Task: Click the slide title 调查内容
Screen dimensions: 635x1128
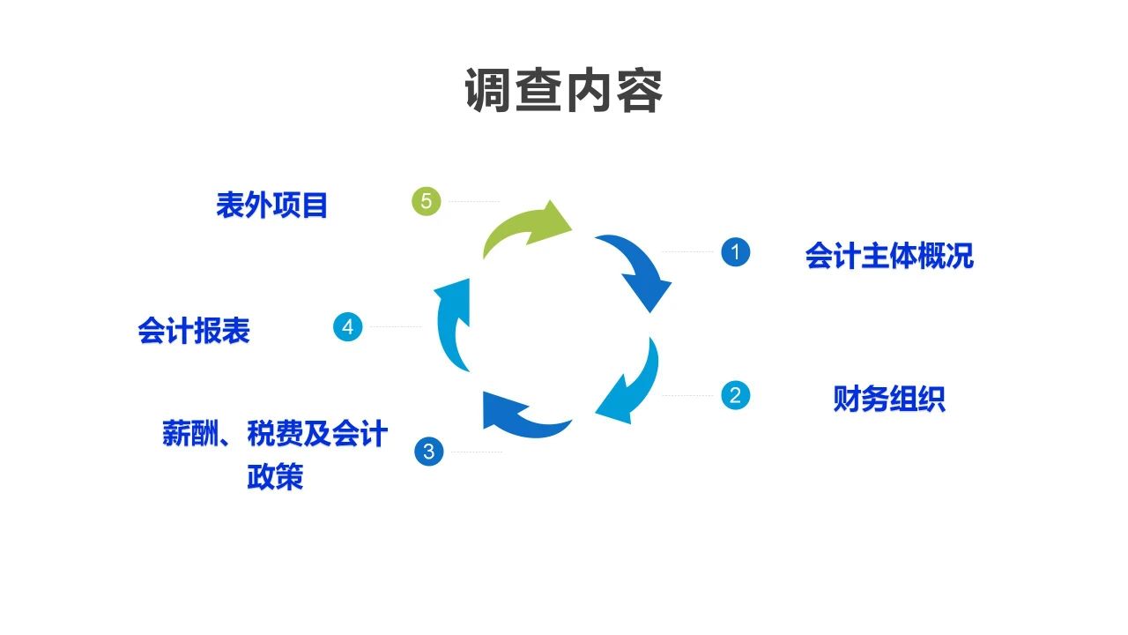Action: tap(563, 91)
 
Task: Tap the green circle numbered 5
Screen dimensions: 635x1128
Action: tap(427, 202)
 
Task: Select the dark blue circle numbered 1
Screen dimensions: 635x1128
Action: tap(735, 252)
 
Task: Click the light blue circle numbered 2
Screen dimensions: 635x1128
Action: tap(735, 394)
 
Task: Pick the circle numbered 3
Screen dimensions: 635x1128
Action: tap(428, 452)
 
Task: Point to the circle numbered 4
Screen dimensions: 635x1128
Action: tap(348, 327)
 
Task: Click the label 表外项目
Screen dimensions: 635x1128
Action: tap(271, 205)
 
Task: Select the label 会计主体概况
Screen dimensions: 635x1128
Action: tap(888, 256)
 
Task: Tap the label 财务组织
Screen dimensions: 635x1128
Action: tap(888, 399)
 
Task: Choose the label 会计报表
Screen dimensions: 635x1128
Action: tap(194, 331)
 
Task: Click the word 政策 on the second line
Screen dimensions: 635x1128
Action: tap(275, 477)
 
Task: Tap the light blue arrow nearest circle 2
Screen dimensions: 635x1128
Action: tap(633, 384)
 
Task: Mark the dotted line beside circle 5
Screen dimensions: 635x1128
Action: tap(473, 202)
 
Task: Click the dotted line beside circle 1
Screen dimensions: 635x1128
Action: tap(687, 252)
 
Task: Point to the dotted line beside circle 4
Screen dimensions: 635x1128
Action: tap(394, 327)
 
